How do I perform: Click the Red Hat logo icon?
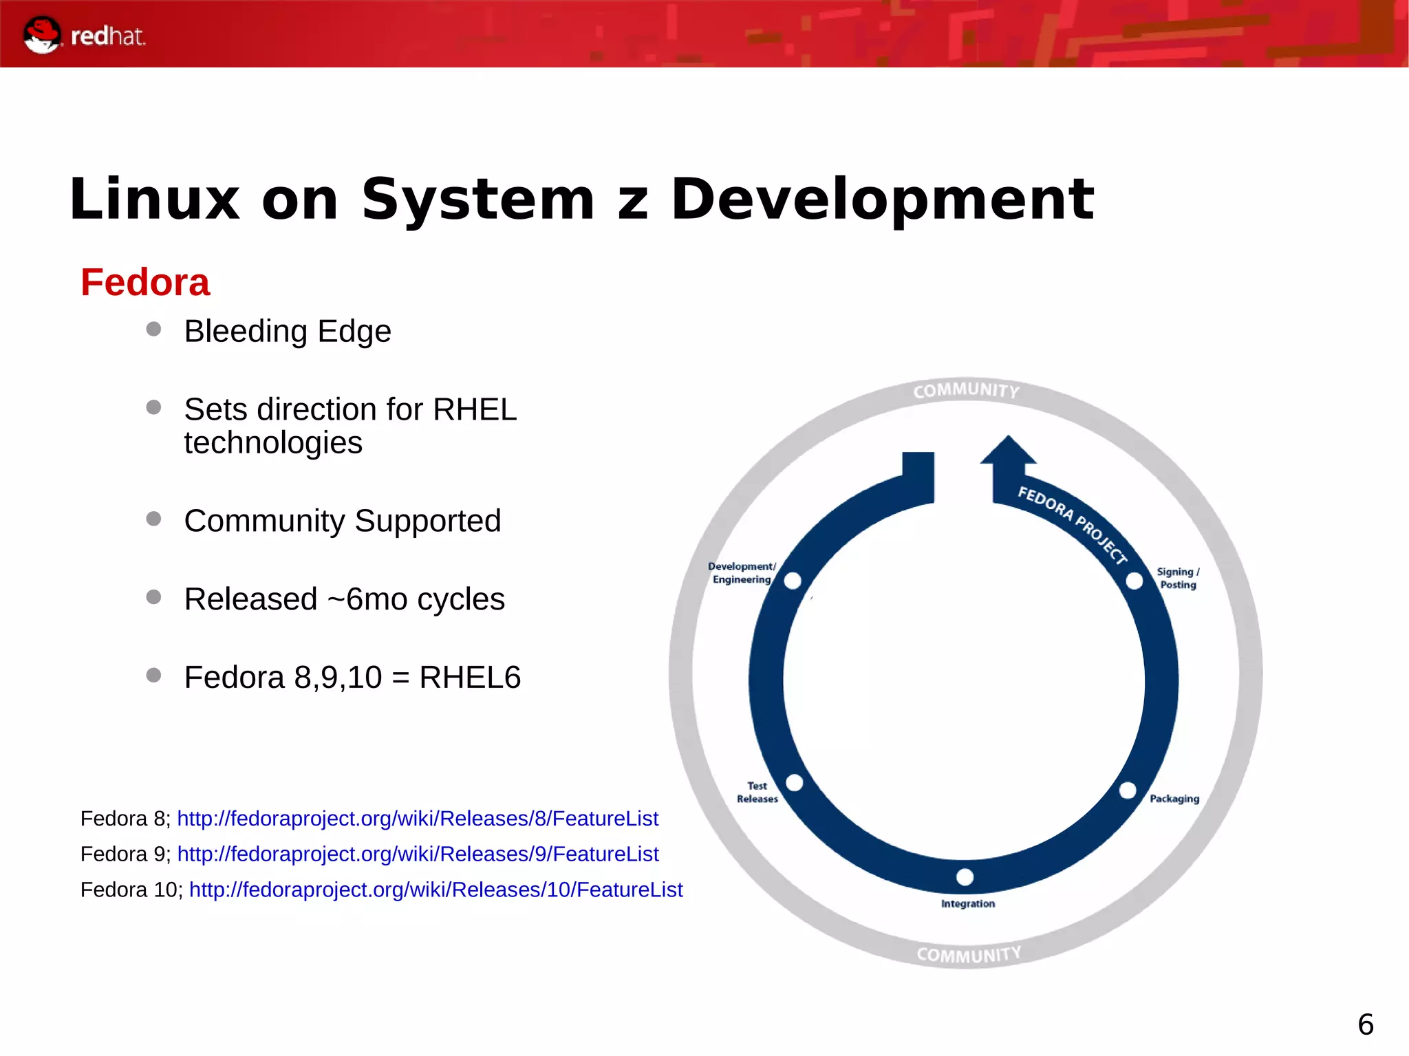click(x=42, y=34)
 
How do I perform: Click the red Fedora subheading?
click(x=145, y=282)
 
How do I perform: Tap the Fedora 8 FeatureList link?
click(x=418, y=818)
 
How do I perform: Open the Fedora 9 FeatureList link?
click(x=418, y=854)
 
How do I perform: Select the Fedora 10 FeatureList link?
click(x=435, y=890)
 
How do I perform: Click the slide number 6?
click(x=1366, y=1024)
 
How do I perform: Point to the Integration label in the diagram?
click(x=968, y=903)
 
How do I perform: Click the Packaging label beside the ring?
click(x=1174, y=799)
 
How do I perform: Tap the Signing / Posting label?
click(x=1178, y=578)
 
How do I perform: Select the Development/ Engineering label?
click(x=742, y=572)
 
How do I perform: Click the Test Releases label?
click(x=757, y=792)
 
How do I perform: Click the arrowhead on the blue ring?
click(x=1009, y=451)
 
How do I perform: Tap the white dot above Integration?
click(x=965, y=877)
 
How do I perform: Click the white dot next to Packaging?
click(x=1128, y=790)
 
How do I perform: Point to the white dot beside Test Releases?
click(x=795, y=783)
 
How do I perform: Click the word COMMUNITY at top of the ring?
click(x=967, y=391)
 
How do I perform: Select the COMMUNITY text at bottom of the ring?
click(x=969, y=955)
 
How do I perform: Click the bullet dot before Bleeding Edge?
click(x=154, y=330)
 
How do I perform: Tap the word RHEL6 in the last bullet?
click(x=470, y=677)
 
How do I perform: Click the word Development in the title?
click(x=882, y=200)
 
